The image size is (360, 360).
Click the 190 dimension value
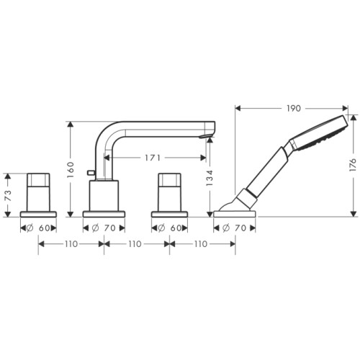pyautogui.click(x=294, y=109)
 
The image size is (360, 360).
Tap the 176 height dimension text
pyautogui.click(x=353, y=165)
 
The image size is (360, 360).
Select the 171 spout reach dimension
pyautogui.click(x=153, y=158)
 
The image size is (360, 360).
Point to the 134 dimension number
pyautogui.click(x=210, y=178)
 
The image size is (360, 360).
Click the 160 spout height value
pyautogui.click(x=71, y=170)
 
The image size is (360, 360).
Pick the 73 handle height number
pyautogui.click(x=8, y=194)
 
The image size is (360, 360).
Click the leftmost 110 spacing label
pyautogui.click(x=71, y=244)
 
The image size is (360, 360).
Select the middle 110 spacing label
pyautogui.click(x=135, y=244)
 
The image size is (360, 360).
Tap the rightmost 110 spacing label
pyautogui.click(x=201, y=244)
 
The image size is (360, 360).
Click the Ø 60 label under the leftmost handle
pyautogui.click(x=38, y=228)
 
